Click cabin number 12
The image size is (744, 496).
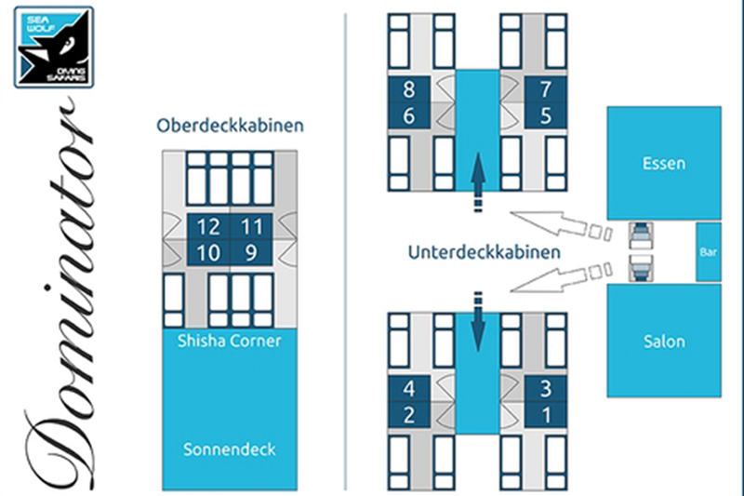(x=207, y=226)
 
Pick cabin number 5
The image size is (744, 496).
(x=546, y=115)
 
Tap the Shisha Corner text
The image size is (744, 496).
(x=229, y=341)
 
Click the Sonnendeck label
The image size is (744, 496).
(x=229, y=449)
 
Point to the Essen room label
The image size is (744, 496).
(x=663, y=164)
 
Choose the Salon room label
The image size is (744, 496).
(x=663, y=341)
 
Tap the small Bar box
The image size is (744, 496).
(x=708, y=252)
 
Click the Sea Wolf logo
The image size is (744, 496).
(x=54, y=46)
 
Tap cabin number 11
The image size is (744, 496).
(x=252, y=226)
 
